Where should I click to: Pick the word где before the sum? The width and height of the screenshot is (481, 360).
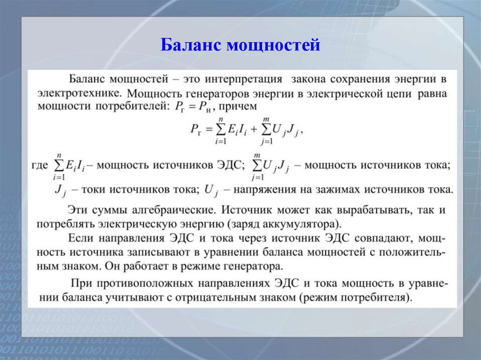tap(39, 165)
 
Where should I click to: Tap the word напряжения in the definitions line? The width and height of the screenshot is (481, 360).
tap(265, 190)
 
